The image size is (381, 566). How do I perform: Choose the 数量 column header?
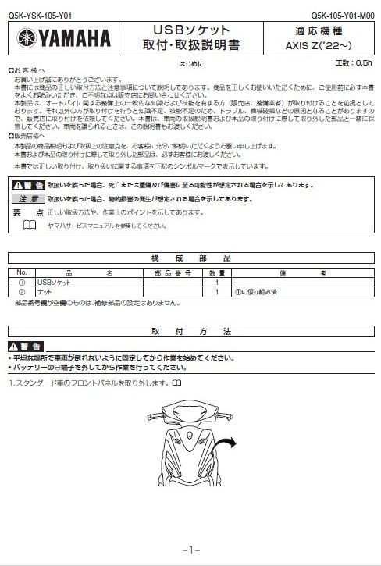coord(216,272)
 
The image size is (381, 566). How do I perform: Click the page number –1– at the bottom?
coord(190,550)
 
